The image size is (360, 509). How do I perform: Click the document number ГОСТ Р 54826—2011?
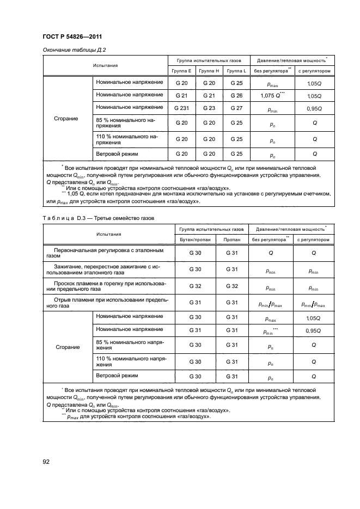(72, 36)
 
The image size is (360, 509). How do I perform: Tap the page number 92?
(47, 462)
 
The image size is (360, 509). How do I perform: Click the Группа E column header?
(181, 71)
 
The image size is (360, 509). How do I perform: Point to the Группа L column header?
(237, 71)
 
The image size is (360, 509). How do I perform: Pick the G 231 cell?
(181, 108)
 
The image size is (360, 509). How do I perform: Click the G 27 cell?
(237, 108)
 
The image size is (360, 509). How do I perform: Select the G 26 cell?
(237, 96)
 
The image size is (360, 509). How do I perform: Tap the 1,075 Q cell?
(272, 96)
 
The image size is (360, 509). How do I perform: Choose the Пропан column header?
(232, 240)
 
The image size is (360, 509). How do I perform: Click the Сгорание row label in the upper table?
(66, 118)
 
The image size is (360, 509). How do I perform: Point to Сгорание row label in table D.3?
(66, 346)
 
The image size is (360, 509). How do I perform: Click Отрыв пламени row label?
(109, 302)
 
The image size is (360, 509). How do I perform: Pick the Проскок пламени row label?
(109, 286)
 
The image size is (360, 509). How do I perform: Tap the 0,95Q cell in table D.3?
(314, 330)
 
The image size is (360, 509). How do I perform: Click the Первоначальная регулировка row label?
(109, 253)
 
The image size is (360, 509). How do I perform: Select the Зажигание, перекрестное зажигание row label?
(109, 269)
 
